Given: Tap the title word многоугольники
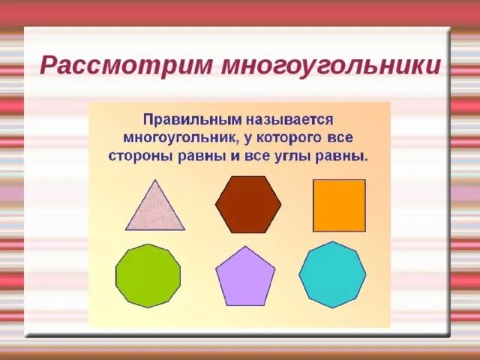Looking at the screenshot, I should [x=331, y=65].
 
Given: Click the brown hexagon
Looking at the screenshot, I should [x=248, y=205].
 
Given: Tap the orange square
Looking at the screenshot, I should [x=339, y=205].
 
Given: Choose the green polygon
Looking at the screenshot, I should [x=148, y=275].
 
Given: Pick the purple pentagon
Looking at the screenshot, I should [x=245, y=277].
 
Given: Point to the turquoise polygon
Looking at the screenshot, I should [x=332, y=274].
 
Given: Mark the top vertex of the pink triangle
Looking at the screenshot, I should [x=155, y=180].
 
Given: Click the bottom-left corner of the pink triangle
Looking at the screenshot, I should [x=125, y=229].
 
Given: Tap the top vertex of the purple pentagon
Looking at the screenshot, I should [x=245, y=247].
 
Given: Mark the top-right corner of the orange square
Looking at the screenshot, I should [x=365, y=180].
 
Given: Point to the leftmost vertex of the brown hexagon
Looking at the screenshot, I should [x=215, y=205].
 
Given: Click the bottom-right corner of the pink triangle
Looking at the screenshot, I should [x=184, y=229].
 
